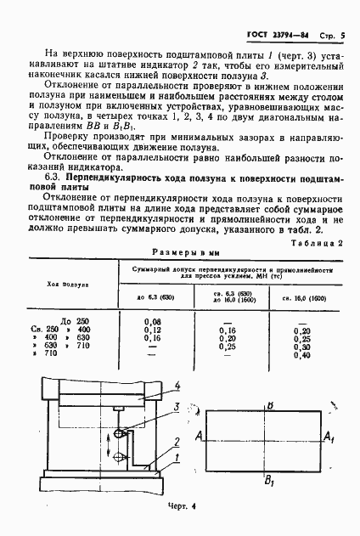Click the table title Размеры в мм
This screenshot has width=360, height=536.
click(x=180, y=252)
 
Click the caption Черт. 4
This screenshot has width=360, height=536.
click(x=181, y=507)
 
